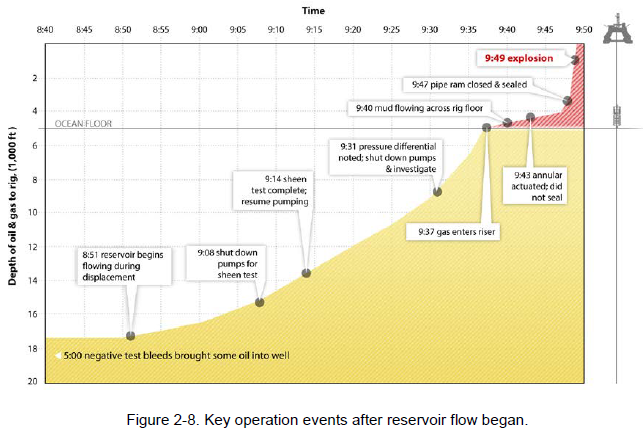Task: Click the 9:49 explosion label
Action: pos(517,59)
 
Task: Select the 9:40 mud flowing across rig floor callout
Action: pos(419,107)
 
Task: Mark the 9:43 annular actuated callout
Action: pos(546,183)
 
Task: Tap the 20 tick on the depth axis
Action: pos(33,382)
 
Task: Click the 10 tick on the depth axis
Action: pos(33,212)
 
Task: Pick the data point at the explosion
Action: pos(576,61)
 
